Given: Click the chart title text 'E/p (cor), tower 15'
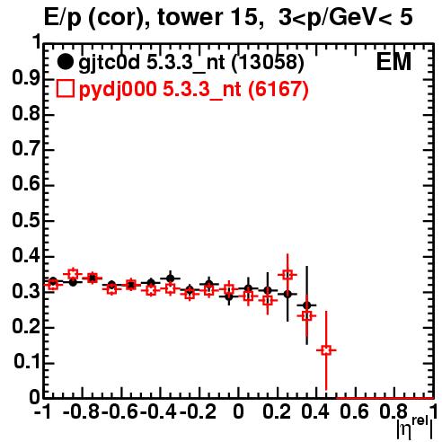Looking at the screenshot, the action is (151, 18).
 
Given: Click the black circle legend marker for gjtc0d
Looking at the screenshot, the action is (65, 62).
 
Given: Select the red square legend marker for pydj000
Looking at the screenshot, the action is (65, 89).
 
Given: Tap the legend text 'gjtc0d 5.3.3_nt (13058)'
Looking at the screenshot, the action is (191, 63).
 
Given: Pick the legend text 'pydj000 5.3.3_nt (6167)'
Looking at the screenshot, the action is (194, 90).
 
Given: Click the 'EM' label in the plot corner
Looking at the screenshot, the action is (393, 62).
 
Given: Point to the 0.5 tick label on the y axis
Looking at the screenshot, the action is (26, 220).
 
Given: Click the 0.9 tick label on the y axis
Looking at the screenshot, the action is (26, 78).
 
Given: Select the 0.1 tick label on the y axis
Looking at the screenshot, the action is (26, 362).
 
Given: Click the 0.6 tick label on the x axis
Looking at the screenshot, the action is (355, 411).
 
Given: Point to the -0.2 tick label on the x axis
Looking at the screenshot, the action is (198, 411).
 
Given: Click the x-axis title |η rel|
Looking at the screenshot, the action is (415, 429).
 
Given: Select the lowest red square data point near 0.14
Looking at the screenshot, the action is (326, 349).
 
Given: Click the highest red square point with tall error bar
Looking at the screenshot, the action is (287, 275).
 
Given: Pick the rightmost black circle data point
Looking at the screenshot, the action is (306, 305).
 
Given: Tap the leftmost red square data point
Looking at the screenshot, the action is (53, 285).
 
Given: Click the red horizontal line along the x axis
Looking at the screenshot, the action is (385, 398).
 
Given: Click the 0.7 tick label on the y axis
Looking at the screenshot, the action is (26, 149).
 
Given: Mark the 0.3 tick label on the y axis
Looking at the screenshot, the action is (26, 291).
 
